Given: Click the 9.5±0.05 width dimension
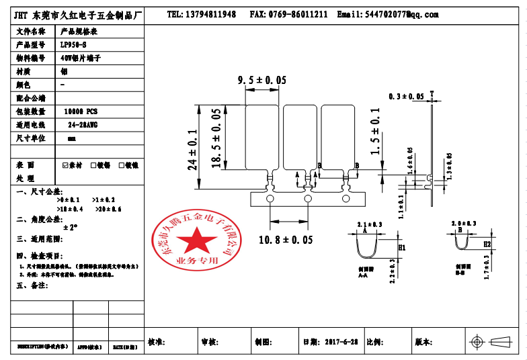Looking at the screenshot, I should pyautogui.click(x=262, y=80).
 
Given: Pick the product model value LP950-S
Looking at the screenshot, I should pyautogui.click(x=74, y=45).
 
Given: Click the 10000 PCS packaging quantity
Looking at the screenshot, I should pyautogui.click(x=80, y=111).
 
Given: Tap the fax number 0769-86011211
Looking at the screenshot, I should pyautogui.click(x=298, y=14).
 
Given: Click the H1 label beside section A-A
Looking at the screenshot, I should pyautogui.click(x=403, y=248).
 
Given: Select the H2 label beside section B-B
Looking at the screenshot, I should pyautogui.click(x=487, y=244).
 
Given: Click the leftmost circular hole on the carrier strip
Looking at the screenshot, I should pyautogui.click(x=270, y=199).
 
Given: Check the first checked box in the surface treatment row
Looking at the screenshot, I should pyautogui.click(x=65, y=165).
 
